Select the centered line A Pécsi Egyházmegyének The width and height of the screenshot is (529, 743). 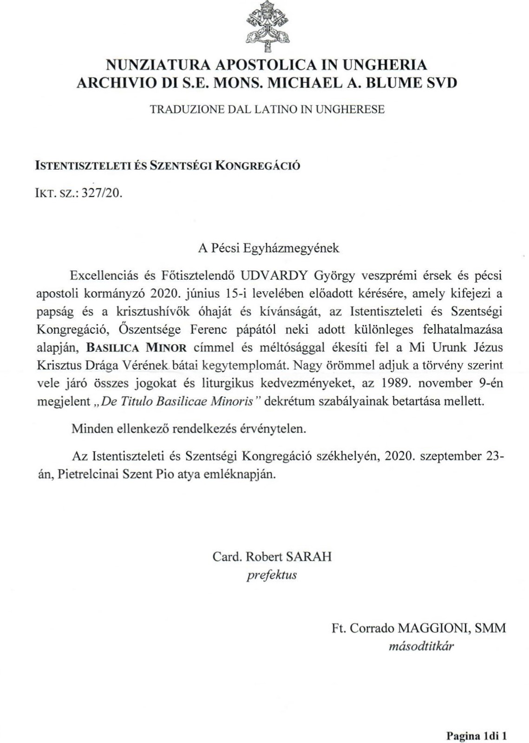coord(268,248)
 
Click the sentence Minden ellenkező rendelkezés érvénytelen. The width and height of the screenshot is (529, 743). coord(189,428)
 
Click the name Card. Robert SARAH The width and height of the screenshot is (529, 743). coord(272,556)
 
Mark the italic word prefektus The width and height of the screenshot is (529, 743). coord(272,575)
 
